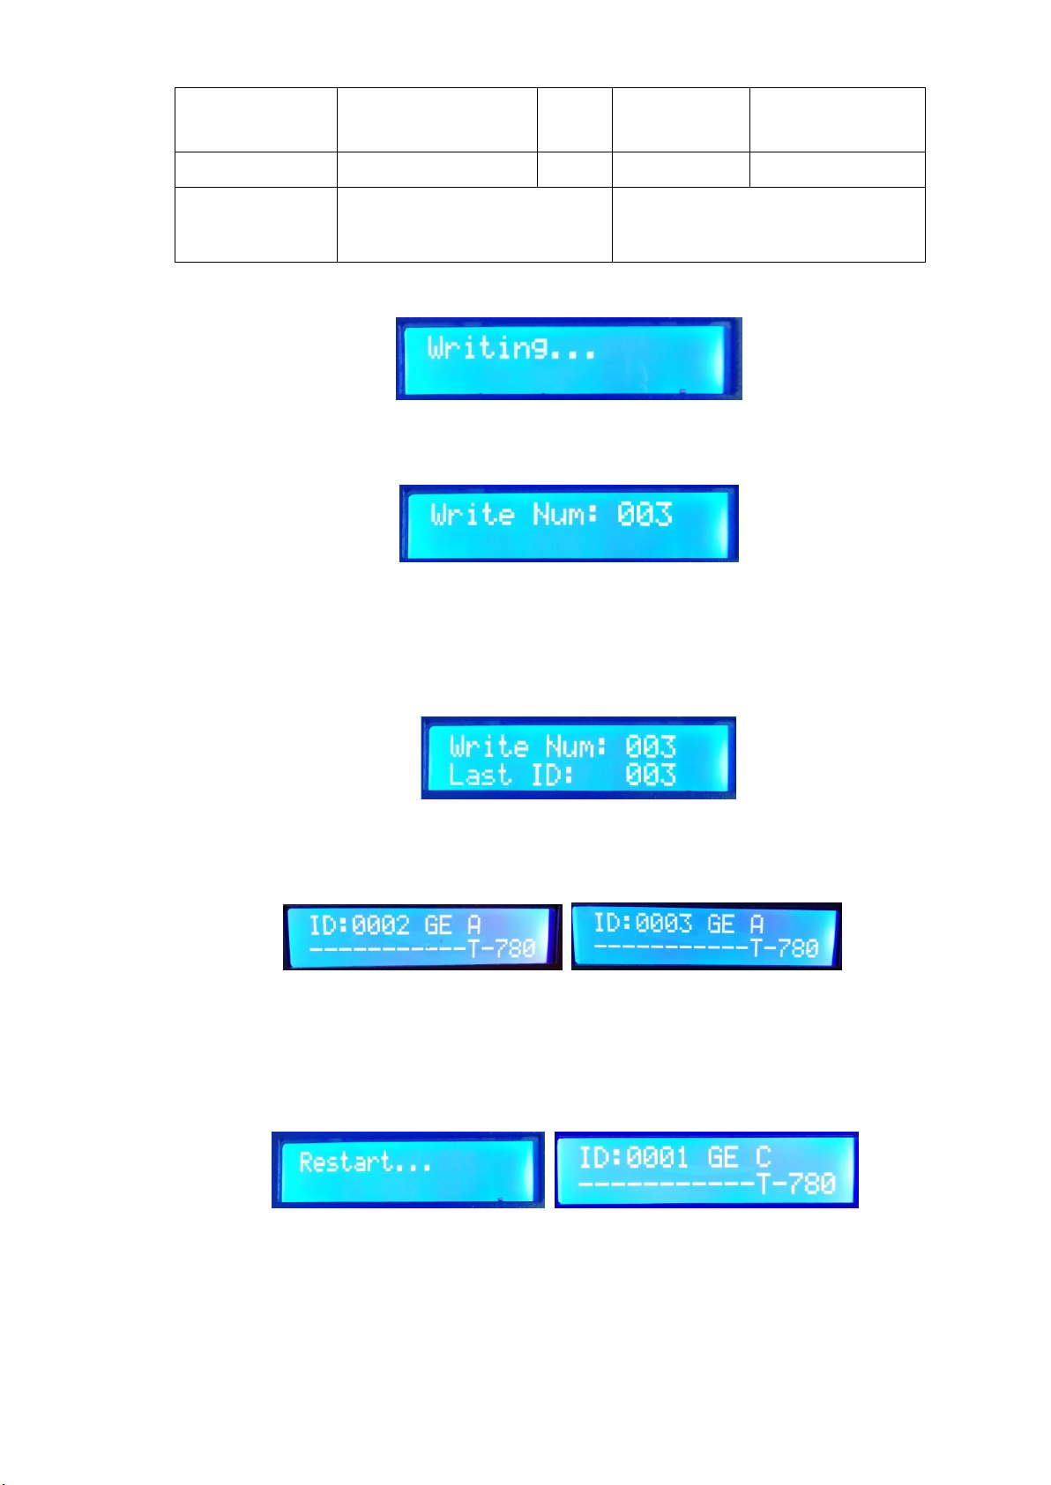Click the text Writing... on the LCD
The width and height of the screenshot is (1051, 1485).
(511, 349)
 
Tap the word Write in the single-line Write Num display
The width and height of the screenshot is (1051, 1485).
(473, 514)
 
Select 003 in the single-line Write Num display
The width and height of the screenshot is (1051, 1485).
(645, 514)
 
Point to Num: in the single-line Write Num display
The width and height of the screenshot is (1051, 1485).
(565, 514)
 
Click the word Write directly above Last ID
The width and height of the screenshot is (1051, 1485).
(489, 747)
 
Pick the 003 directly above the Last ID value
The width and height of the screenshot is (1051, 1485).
(651, 747)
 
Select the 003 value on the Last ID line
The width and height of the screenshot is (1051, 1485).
(651, 776)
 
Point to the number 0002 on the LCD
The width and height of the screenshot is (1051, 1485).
(381, 925)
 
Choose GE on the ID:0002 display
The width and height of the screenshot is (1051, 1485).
(438, 925)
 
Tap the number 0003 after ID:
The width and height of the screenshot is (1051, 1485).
(664, 924)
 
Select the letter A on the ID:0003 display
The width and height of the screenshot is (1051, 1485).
(757, 924)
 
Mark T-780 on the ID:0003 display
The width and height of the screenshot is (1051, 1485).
(785, 948)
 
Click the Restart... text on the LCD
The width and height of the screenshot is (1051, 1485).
(365, 1162)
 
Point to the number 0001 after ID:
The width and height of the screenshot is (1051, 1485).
(657, 1156)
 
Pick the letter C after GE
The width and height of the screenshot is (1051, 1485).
(763, 1156)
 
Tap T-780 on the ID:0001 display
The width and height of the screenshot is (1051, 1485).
(796, 1183)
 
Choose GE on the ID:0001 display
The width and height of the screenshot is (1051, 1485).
(723, 1156)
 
